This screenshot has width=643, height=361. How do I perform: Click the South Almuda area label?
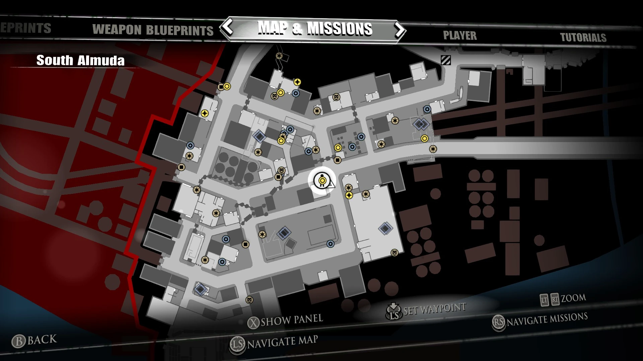coord(80,61)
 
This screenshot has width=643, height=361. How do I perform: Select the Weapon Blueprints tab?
coord(153,30)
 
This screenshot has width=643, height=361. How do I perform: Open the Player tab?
coord(459,35)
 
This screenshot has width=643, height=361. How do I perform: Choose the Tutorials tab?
coord(583,37)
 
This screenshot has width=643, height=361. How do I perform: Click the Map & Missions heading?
coord(315,29)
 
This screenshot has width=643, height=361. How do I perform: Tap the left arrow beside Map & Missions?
coord(228,27)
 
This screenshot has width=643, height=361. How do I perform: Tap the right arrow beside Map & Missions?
coord(400,30)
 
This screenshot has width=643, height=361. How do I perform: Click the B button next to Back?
coord(19,341)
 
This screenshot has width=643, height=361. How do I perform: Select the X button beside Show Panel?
coord(254,323)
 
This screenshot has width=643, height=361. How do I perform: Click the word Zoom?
coord(573,298)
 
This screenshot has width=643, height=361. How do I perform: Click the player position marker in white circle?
coord(322,180)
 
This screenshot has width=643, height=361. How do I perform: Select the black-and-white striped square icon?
coord(446,60)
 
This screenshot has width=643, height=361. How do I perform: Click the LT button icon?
coord(544,300)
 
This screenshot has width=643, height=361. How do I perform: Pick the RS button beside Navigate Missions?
coord(499,322)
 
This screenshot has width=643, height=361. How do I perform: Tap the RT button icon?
coord(555,299)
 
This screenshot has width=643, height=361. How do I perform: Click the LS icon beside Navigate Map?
coord(237,345)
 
